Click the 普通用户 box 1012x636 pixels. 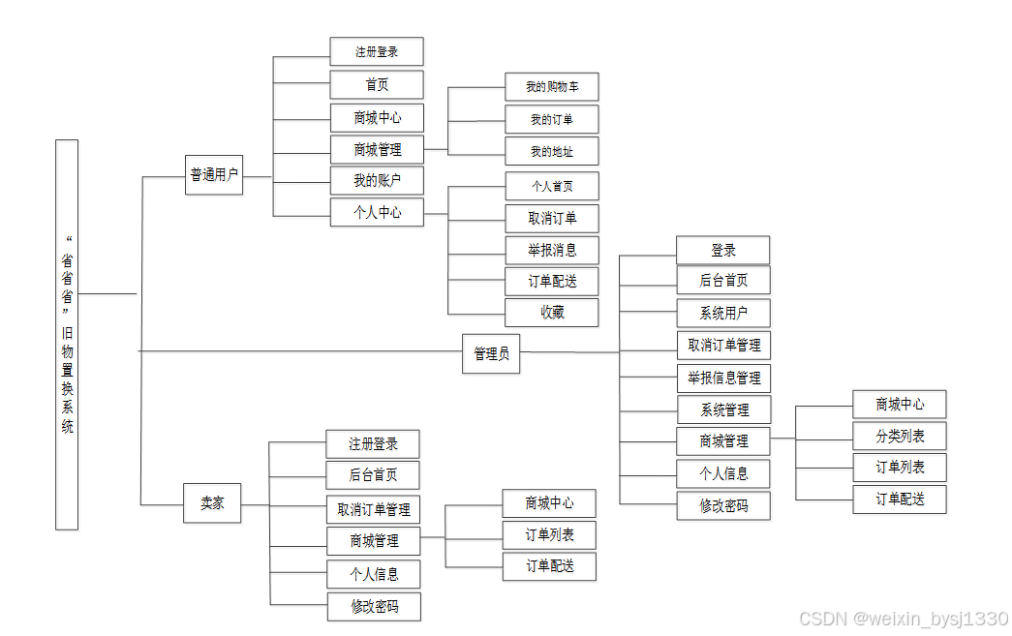click(x=214, y=175)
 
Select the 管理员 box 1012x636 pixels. click(x=491, y=354)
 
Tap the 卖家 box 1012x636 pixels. click(x=212, y=503)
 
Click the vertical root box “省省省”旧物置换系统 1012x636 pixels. click(x=67, y=334)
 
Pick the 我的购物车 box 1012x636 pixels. click(x=552, y=87)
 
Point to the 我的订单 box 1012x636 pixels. click(x=552, y=120)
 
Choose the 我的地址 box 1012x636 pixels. click(x=552, y=152)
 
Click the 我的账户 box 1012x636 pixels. click(x=377, y=180)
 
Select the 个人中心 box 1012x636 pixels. click(x=377, y=212)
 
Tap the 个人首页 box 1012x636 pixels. click(x=552, y=186)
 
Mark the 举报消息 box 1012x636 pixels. click(x=552, y=250)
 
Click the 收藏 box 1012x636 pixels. click(x=552, y=313)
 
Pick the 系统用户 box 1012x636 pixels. click(x=723, y=314)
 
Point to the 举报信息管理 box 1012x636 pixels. click(x=723, y=378)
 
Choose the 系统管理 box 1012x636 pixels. click(x=723, y=409)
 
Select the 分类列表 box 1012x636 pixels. click(x=900, y=436)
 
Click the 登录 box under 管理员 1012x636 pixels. click(x=723, y=250)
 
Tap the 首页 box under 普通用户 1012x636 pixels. click(x=377, y=84)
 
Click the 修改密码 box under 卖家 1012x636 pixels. click(x=374, y=607)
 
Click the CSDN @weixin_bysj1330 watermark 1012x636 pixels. click(x=905, y=619)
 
